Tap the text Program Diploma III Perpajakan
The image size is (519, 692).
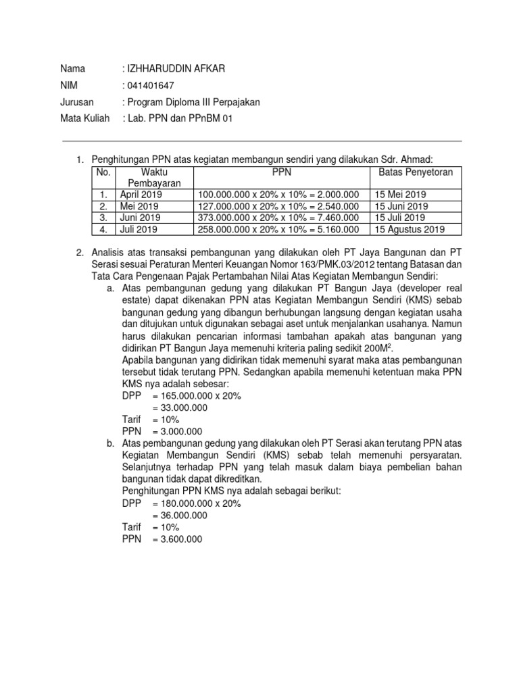click(191, 102)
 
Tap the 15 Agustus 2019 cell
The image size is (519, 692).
click(409, 229)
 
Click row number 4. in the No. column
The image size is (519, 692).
click(103, 229)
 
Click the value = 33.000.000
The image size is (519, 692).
click(180, 407)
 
